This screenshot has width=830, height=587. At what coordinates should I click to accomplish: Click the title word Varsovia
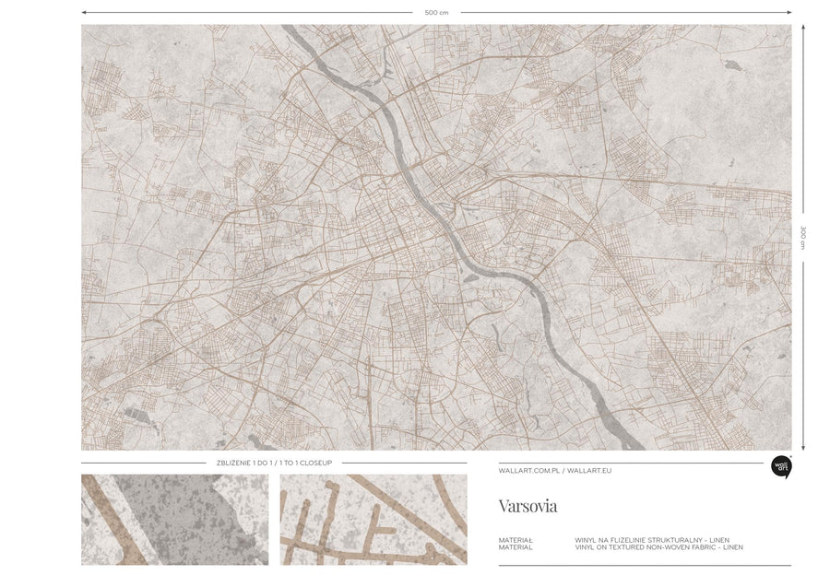[528, 506]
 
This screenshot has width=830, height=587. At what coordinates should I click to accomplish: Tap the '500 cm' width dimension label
[436, 12]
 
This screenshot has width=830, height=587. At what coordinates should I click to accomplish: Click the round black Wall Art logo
[781, 467]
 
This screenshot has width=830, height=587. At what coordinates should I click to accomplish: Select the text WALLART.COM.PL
[528, 470]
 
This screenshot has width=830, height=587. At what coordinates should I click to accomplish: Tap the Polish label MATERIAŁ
[516, 540]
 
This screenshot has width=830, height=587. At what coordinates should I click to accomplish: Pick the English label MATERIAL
[516, 547]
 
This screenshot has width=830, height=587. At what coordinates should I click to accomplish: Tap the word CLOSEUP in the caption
[316, 463]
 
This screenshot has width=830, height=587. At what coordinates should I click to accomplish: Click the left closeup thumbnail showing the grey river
[174, 520]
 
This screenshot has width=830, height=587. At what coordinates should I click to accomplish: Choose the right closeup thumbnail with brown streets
[373, 520]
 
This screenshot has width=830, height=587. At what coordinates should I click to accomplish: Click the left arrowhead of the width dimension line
[84, 12]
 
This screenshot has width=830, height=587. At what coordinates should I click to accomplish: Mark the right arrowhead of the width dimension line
[789, 12]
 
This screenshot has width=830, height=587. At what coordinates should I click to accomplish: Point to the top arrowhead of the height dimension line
[803, 27]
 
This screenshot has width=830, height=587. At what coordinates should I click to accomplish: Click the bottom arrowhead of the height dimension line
[803, 448]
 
